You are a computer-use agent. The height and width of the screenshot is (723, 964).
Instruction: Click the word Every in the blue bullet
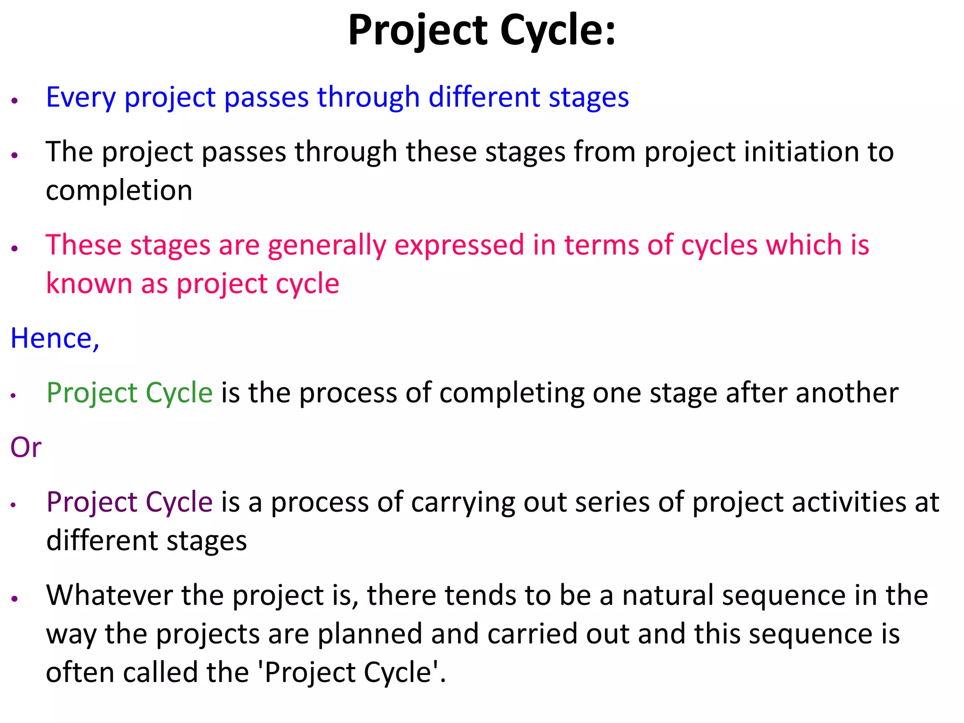click(80, 98)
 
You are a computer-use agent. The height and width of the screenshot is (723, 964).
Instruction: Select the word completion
click(119, 191)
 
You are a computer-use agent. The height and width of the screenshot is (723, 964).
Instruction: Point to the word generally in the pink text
click(327, 246)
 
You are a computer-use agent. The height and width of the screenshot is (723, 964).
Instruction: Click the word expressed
click(459, 246)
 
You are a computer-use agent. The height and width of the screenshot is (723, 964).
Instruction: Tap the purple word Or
click(26, 448)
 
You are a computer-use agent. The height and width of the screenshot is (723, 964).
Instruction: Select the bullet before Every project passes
click(15, 100)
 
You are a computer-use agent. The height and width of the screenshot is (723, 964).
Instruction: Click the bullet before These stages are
click(15, 248)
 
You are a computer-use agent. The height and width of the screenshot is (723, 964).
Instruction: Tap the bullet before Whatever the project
click(15, 598)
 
